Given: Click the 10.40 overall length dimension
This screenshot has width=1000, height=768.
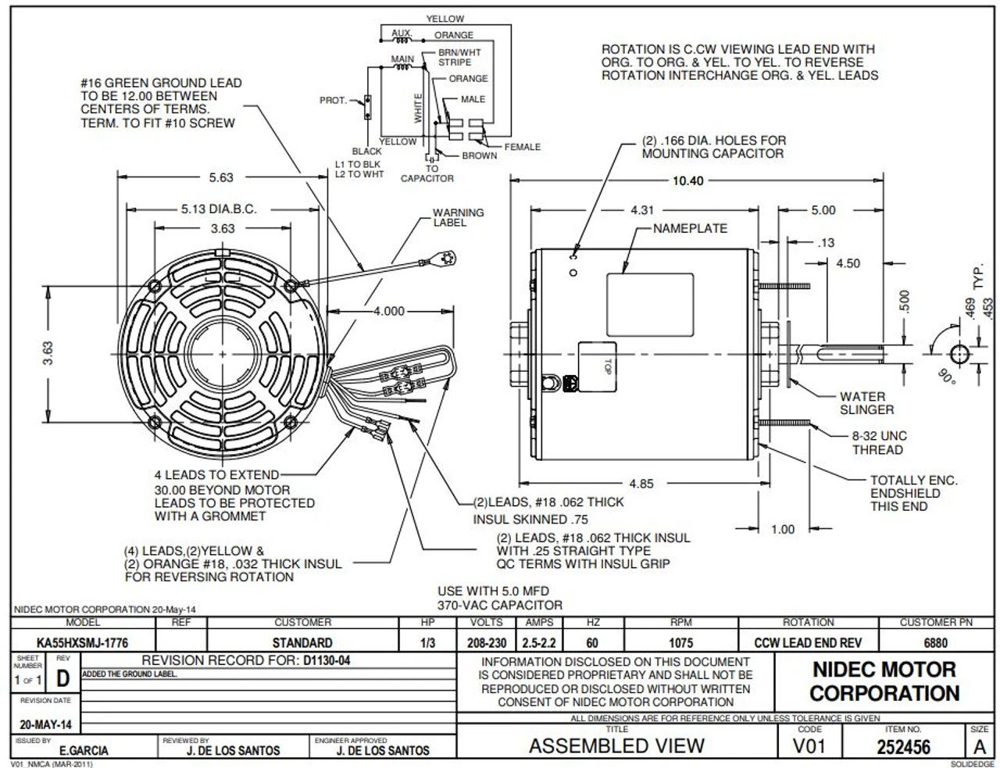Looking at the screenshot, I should [x=687, y=180].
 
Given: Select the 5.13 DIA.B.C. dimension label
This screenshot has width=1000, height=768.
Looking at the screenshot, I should [x=219, y=209].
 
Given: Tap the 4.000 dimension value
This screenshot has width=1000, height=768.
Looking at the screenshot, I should [x=388, y=311].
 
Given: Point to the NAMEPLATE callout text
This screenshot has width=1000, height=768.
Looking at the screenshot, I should [x=690, y=228].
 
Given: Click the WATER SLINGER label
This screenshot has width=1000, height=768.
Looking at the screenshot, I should [x=866, y=403].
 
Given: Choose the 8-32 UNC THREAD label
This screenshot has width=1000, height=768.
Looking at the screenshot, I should [x=879, y=443].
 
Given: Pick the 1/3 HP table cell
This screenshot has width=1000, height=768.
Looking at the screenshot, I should [x=427, y=643].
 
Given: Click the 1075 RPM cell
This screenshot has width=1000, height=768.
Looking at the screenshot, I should [x=681, y=643].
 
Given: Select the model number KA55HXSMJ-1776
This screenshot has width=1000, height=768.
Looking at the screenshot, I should [x=83, y=643].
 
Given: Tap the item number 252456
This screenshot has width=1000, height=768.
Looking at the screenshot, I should [x=903, y=746].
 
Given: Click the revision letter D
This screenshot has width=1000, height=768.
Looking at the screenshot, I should [x=62, y=680].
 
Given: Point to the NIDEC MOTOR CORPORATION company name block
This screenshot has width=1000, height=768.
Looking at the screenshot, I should [x=884, y=681].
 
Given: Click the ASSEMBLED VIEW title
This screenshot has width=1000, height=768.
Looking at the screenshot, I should [x=616, y=746].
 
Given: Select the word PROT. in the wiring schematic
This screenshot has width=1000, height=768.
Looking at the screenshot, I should [x=333, y=101].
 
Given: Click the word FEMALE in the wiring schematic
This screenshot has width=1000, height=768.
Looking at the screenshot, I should [x=522, y=147].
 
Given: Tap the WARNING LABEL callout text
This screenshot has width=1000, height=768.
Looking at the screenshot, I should [x=459, y=217].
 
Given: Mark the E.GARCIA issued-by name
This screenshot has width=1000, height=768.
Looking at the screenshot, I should [x=84, y=751].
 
